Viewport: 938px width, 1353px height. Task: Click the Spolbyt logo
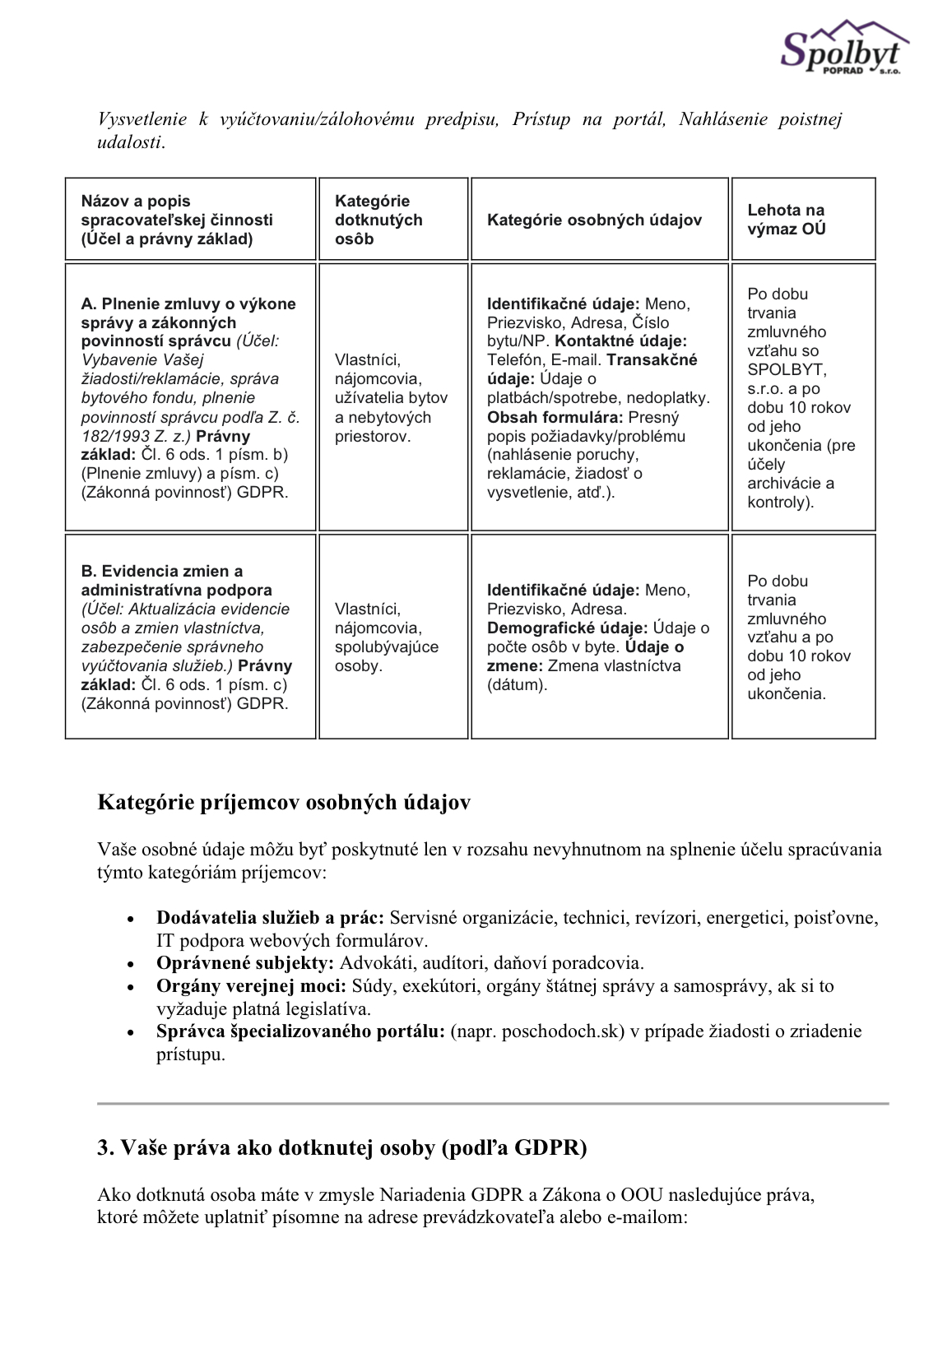[x=843, y=49]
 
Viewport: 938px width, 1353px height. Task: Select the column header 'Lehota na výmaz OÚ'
[x=786, y=220]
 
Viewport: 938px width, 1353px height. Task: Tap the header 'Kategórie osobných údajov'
[x=594, y=220]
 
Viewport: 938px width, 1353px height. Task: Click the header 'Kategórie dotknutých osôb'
[x=378, y=220]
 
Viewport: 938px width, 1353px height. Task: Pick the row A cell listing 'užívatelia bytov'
[x=391, y=398]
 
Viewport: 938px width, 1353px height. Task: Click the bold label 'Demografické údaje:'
[x=567, y=628]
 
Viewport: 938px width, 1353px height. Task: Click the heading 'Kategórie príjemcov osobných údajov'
[x=284, y=803]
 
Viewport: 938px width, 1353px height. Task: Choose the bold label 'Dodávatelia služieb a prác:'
[x=270, y=918]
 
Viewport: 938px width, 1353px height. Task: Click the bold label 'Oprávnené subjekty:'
[x=245, y=963]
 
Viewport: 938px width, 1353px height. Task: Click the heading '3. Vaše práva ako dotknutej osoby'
[x=341, y=1148]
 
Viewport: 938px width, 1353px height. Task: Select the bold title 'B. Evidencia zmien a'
[x=162, y=572]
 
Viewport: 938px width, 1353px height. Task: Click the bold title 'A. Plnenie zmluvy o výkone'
[x=188, y=304]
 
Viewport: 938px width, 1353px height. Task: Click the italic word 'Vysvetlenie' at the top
[x=142, y=119]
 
